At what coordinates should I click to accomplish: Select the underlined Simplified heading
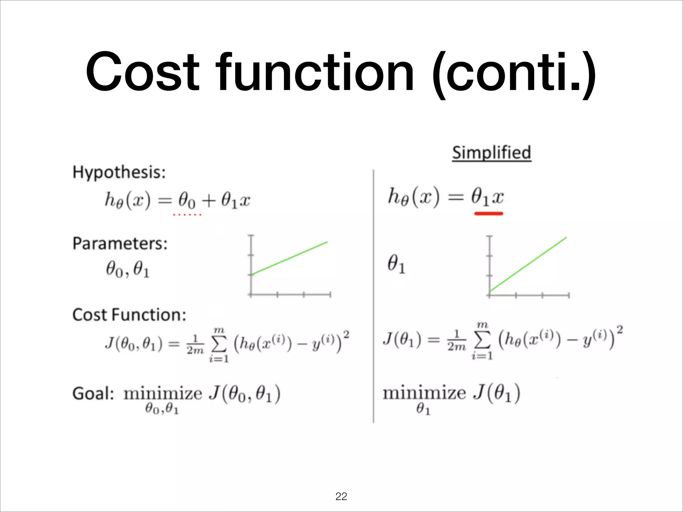point(492,153)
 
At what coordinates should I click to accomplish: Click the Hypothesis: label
point(119,173)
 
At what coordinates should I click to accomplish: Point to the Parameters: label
point(120,243)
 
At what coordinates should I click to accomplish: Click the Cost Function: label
point(129,315)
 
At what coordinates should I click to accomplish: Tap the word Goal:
point(93,393)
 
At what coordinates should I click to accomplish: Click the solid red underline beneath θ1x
point(489,213)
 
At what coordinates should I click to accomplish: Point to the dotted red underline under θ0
point(187,215)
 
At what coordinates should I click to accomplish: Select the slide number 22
point(341,496)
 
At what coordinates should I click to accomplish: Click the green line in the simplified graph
point(528,264)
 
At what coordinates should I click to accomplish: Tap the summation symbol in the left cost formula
point(219,345)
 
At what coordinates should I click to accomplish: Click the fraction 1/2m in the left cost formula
point(195,345)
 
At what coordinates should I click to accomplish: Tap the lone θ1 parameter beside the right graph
point(396,264)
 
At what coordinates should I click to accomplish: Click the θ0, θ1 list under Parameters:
point(128,269)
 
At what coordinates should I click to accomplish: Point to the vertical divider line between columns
point(373,297)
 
